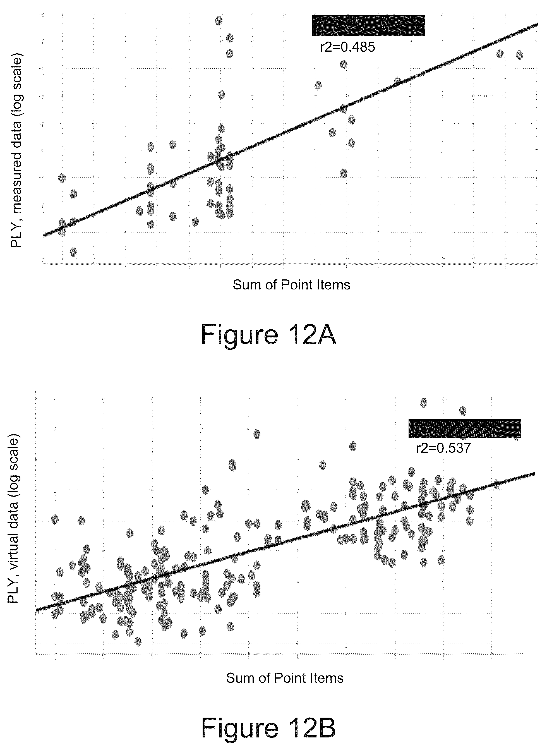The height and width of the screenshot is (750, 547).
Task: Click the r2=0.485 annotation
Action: (347, 47)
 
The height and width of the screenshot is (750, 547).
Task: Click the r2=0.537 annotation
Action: (443, 448)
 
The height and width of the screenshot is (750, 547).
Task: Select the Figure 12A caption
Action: (268, 335)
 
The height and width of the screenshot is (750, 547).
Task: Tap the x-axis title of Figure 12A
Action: (291, 285)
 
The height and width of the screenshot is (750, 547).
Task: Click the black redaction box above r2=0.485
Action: (369, 25)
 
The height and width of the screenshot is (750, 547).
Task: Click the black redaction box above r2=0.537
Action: (465, 428)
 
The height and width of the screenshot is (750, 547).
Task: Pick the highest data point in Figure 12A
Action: (219, 21)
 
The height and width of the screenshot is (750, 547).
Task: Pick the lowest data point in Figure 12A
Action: (73, 252)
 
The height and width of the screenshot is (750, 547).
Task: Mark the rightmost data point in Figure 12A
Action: (519, 55)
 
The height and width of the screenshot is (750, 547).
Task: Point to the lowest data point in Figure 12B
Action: (138, 642)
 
